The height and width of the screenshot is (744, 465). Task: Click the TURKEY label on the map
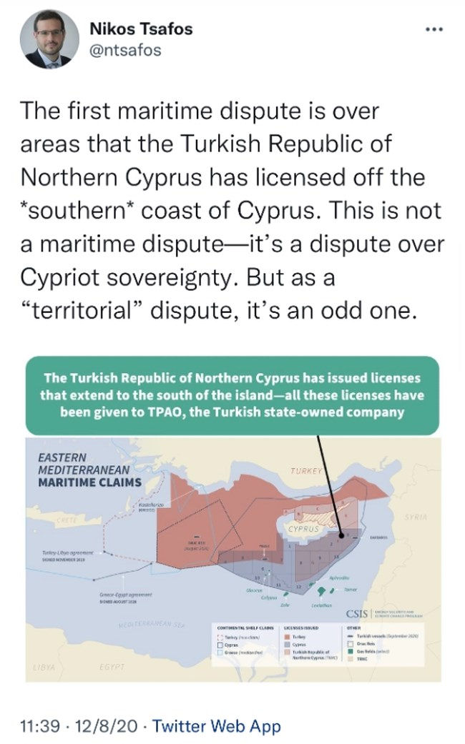point(308,470)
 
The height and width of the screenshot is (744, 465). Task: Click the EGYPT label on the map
point(109,667)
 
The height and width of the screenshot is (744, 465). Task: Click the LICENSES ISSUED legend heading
point(303,627)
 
